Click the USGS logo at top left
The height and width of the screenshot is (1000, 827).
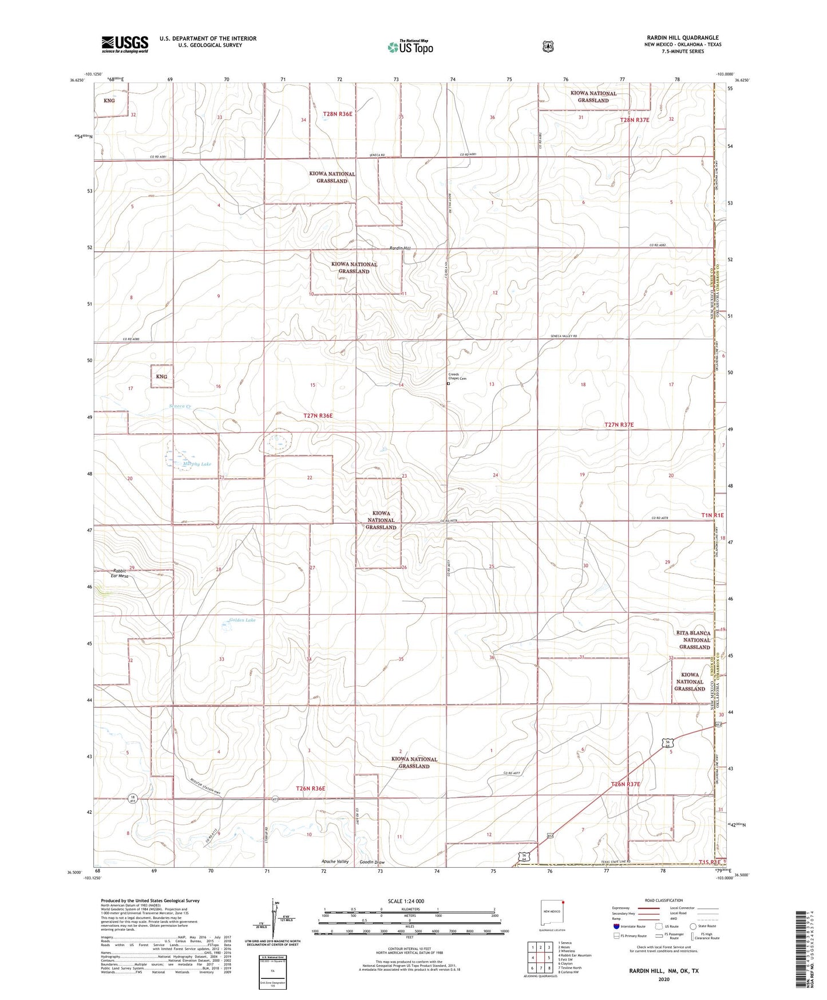[x=125, y=44]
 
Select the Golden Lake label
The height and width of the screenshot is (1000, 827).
[x=242, y=620]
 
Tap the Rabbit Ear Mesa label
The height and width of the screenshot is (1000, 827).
[x=120, y=573]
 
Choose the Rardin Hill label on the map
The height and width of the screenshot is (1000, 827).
[x=400, y=248]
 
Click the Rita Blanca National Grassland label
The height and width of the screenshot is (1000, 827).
[x=694, y=640]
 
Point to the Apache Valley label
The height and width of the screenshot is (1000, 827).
[x=335, y=861]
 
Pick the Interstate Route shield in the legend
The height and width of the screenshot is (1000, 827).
[x=616, y=926]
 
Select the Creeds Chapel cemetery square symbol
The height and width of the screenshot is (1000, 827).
[x=448, y=384]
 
